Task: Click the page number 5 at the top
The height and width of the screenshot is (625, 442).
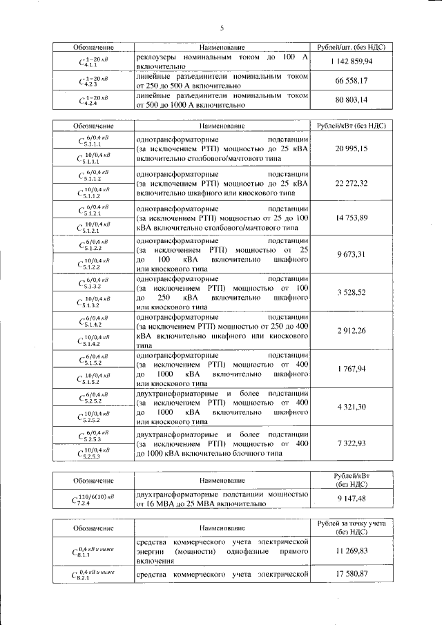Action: tap(221, 28)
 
